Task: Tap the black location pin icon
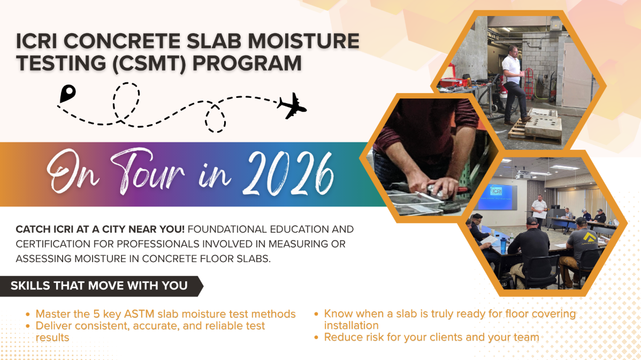(x=67, y=94)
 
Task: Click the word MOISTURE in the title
(x=303, y=41)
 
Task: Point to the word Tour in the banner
(x=147, y=172)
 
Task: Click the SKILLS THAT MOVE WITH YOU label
(x=99, y=286)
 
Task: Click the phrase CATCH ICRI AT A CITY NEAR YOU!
(x=100, y=229)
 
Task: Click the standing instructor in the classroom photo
(x=539, y=211)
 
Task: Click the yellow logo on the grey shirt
(x=590, y=237)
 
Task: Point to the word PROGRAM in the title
(x=247, y=63)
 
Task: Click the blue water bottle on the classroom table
(x=503, y=244)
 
